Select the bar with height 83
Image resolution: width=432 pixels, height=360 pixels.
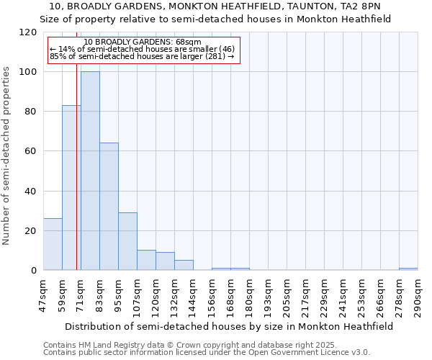tap(71, 187)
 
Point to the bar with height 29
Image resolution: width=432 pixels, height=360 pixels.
tap(127, 241)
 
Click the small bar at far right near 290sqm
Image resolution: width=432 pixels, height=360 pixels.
tap(408, 269)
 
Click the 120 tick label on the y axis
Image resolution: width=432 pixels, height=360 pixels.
tap(28, 32)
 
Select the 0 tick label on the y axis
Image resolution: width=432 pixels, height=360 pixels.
tap(34, 271)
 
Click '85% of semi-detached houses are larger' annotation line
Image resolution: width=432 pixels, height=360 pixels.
tap(142, 56)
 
